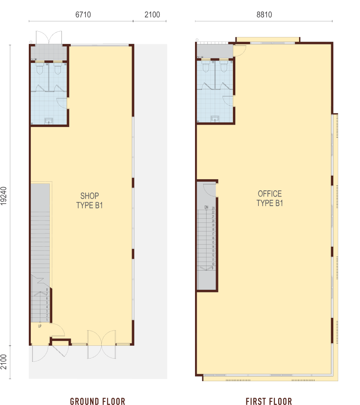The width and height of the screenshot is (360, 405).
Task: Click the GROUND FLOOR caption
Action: [98, 401]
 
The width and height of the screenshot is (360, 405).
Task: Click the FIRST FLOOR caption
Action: [269, 401]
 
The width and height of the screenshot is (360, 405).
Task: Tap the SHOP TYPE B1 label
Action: [89, 201]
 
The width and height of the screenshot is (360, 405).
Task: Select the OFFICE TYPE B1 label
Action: [269, 198]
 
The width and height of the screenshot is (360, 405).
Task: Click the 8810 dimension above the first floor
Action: [264, 15]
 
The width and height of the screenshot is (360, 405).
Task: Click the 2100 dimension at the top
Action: [152, 15]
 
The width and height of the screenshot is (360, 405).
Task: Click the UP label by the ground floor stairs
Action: [40, 326]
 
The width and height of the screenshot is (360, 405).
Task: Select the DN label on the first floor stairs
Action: [206, 207]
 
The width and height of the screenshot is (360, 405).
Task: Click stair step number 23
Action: [213, 208]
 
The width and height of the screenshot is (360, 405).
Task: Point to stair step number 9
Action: [213, 268]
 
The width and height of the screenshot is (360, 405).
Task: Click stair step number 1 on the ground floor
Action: [47, 319]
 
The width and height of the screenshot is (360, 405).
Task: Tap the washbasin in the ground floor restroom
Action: [49, 120]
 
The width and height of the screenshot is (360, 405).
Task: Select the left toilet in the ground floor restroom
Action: [40, 68]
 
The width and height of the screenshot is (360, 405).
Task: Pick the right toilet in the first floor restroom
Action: [223, 67]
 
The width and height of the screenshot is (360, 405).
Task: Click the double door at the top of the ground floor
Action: [49, 37]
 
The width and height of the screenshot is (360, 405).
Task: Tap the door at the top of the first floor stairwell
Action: [209, 190]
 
